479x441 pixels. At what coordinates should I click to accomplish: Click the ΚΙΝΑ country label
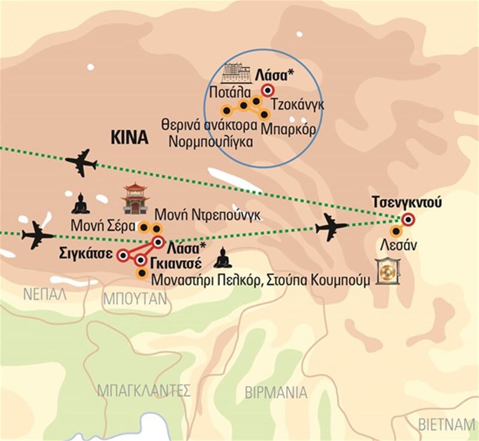coord(129,137)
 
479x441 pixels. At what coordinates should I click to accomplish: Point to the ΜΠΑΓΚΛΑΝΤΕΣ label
coord(143,391)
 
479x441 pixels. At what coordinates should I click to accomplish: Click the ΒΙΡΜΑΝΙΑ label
coord(276,393)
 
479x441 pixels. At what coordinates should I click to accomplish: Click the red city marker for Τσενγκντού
coord(408,219)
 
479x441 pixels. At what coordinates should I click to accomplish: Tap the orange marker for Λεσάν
coord(396,231)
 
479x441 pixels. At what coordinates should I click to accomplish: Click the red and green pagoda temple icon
coord(135,198)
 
